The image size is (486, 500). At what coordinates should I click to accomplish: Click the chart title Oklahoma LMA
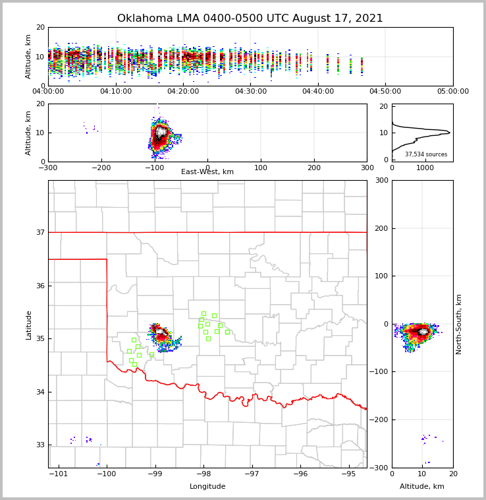tap(250, 18)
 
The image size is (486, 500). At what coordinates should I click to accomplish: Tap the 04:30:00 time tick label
tap(251, 92)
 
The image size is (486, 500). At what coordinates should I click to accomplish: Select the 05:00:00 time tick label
tap(453, 92)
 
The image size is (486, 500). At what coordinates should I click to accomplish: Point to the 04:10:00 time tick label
tap(116, 92)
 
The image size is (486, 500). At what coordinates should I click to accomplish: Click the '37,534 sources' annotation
tap(426, 154)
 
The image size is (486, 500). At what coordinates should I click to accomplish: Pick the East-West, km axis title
tap(207, 172)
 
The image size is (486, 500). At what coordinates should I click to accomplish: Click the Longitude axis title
tap(207, 487)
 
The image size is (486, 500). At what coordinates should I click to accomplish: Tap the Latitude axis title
tap(28, 325)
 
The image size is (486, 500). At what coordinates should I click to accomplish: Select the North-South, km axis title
tap(459, 324)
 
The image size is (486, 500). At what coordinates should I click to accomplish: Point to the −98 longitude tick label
tap(203, 474)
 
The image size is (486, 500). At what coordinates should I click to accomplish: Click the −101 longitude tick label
tap(59, 474)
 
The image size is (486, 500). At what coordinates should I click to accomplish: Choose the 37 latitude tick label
tap(40, 233)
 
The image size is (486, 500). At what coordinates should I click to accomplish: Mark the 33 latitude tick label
tap(40, 445)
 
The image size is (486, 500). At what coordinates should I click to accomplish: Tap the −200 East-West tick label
tap(100, 168)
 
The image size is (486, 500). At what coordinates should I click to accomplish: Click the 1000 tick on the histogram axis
tap(425, 168)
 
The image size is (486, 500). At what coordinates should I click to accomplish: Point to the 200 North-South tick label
tap(381, 228)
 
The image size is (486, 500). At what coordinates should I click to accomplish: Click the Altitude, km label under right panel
tap(422, 487)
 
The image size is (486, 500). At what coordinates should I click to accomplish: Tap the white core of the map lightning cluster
tap(159, 332)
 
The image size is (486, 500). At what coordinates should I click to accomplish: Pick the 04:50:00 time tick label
tap(385, 92)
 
